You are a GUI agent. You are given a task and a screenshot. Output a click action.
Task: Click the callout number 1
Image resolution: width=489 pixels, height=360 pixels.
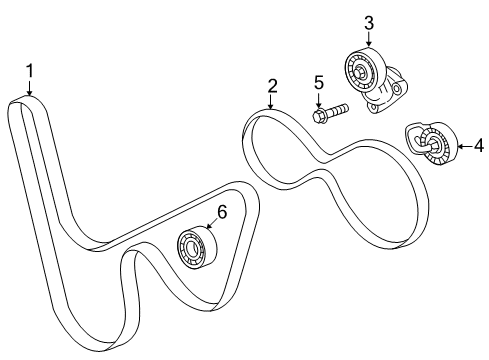pos(30,70)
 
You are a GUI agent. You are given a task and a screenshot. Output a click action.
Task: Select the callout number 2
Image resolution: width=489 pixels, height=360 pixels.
pos(271,88)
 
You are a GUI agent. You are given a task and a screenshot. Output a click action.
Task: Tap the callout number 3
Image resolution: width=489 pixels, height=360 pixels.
pos(368,21)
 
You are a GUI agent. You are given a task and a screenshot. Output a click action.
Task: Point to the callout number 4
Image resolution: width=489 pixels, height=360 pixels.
pos(478,146)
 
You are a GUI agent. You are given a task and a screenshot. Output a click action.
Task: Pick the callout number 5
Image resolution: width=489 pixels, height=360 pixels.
pos(319,82)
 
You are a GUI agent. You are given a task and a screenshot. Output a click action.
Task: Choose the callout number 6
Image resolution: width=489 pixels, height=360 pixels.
pos(222,211)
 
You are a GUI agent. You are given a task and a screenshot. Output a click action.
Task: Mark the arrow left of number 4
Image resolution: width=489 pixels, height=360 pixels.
pos(462,146)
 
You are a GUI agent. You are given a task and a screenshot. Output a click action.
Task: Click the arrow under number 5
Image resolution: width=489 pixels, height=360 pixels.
pos(319,99)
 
